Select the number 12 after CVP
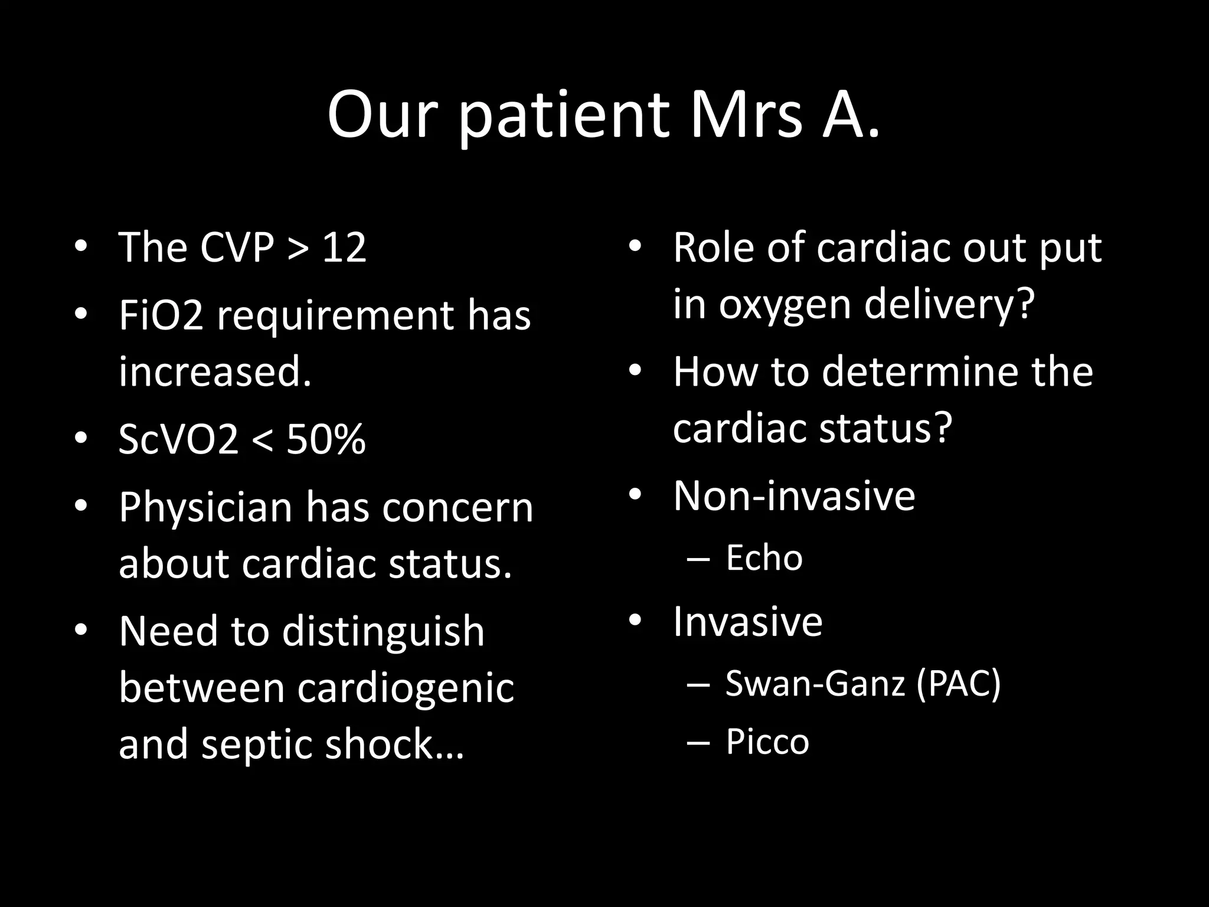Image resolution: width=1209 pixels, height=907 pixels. (344, 247)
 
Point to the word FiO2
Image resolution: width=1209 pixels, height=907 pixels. (161, 316)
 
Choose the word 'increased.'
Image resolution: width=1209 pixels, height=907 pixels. (215, 373)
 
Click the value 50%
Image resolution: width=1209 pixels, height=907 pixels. (326, 440)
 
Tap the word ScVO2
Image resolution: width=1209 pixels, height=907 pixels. (178, 440)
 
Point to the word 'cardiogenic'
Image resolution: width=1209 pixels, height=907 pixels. (405, 689)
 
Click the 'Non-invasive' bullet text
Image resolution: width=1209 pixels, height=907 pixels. (793, 496)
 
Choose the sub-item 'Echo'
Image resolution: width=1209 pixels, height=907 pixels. (764, 558)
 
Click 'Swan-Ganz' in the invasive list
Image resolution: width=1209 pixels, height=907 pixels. (815, 683)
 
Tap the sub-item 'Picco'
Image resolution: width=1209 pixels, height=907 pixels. (767, 742)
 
